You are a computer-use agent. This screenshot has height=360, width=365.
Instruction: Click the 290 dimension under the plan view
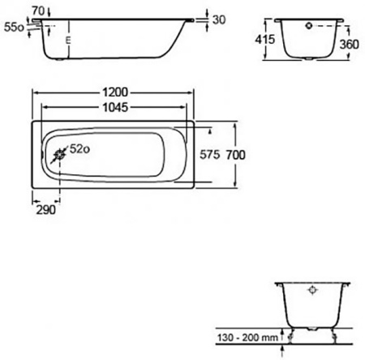(x=45, y=209)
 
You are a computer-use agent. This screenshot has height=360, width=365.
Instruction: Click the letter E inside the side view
(x=68, y=38)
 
